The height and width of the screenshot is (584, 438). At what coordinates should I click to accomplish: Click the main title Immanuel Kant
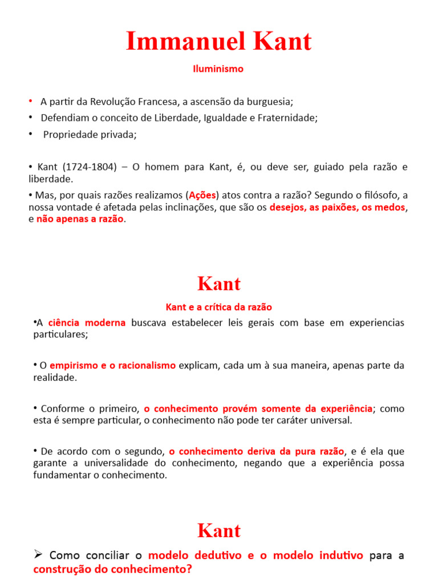coord(218,42)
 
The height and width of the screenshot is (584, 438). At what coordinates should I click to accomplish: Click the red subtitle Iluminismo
coord(218,69)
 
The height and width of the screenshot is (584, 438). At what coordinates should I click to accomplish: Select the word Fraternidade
coord(289,118)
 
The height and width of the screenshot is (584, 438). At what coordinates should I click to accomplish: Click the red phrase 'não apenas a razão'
coord(80,220)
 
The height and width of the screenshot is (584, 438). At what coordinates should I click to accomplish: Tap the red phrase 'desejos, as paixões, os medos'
coord(337,208)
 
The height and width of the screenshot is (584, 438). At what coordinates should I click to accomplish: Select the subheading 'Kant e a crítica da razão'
coord(218,307)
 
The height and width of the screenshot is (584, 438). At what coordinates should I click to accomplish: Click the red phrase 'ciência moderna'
coord(87,323)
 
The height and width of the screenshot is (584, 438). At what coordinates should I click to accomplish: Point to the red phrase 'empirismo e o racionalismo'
coord(112,366)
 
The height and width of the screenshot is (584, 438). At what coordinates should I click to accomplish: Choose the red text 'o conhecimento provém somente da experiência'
coord(258,408)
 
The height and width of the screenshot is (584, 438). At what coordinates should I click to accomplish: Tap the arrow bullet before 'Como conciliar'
coord(39,555)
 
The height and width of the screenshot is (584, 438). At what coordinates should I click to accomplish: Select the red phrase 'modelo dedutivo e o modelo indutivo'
coord(255,555)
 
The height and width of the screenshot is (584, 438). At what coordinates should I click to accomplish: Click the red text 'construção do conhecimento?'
coord(113,569)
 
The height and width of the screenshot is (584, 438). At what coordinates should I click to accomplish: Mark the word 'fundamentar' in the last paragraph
coord(60,475)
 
